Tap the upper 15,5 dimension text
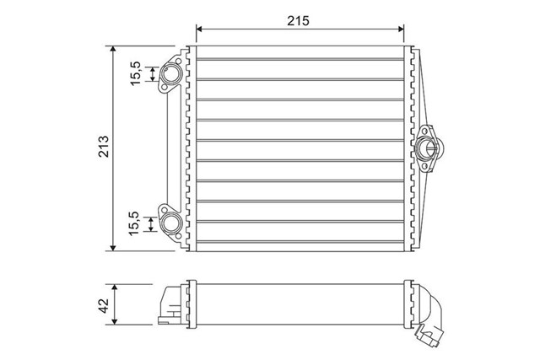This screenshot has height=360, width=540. coord(136,75)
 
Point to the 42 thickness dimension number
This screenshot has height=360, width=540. coord(103,305)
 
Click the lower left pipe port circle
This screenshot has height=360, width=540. coord(171,223)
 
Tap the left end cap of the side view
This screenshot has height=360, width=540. coord(170,304)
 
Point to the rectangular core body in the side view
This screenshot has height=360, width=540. coord(300,304)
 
